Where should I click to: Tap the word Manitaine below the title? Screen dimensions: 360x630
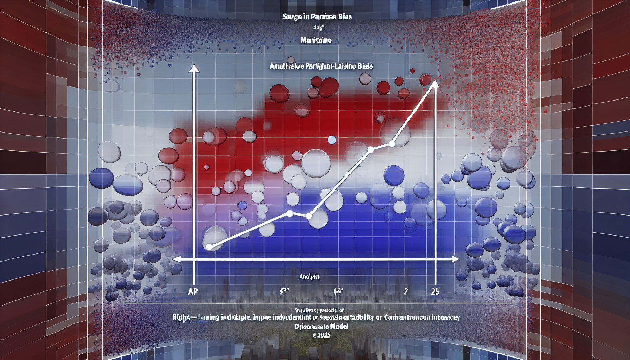click(316, 40)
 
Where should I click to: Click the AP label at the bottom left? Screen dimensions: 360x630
click(193, 291)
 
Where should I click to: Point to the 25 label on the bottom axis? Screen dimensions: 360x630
click(435, 291)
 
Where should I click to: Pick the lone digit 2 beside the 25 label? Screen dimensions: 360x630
click(406, 291)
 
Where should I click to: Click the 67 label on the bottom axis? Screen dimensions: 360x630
click(284, 291)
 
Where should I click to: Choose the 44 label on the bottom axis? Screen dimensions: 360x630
click(338, 291)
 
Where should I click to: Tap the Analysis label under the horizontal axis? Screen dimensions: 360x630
click(309, 277)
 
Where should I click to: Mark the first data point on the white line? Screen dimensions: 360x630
click(209, 247)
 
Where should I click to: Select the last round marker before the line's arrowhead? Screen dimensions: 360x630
click(392, 143)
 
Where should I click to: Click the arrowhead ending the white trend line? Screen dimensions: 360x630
click(435, 83)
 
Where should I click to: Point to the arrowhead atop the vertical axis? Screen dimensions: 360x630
click(194, 68)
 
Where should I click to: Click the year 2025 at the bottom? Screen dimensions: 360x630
click(323, 335)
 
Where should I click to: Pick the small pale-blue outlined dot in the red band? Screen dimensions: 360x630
click(332, 140)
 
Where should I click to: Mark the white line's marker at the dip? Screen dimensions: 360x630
click(309, 216)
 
